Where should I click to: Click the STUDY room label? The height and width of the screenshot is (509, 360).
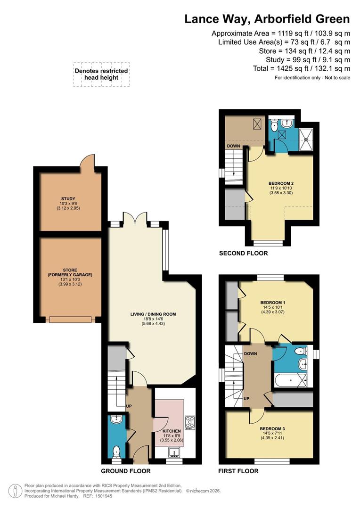pyautogui.click(x=68, y=199)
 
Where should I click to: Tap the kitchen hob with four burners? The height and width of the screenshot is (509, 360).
pyautogui.click(x=190, y=423)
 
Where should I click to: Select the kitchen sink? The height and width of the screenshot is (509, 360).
pyautogui.click(x=175, y=452)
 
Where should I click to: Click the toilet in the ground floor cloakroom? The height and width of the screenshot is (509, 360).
pyautogui.click(x=116, y=452)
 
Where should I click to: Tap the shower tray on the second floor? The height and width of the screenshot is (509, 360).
pyautogui.click(x=306, y=140)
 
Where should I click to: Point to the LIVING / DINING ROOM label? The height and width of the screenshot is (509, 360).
pyautogui.click(x=153, y=314)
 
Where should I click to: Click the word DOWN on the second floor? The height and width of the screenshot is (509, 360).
pyautogui.click(x=233, y=146)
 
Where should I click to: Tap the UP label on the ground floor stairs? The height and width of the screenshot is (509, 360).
pyautogui.click(x=129, y=406)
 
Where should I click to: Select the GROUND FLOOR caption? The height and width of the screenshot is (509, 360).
pyautogui.click(x=126, y=471)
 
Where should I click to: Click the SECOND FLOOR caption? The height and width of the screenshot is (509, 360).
pyautogui.click(x=244, y=253)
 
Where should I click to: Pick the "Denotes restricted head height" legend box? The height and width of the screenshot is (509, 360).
pyautogui.click(x=101, y=74)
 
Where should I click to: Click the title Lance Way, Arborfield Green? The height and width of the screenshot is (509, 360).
pyautogui.click(x=267, y=19)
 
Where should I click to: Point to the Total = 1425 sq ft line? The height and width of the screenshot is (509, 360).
pyautogui.click(x=302, y=68)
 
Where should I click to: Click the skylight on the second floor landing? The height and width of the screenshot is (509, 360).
pyautogui.click(x=258, y=123)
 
